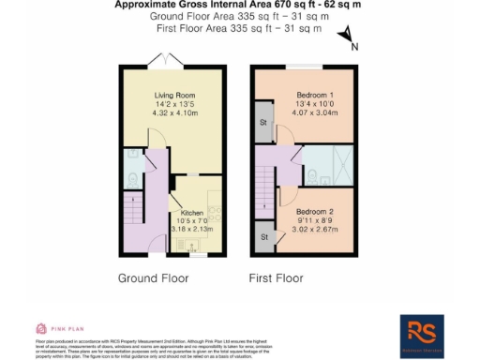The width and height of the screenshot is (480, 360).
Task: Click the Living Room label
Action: [x=173, y=95]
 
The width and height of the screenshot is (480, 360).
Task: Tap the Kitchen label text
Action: [x=192, y=212]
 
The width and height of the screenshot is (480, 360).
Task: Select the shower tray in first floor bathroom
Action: [x=342, y=167]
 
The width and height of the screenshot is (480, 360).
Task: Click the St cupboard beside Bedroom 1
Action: [x=262, y=121]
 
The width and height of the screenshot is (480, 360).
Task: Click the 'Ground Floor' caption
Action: [x=153, y=278]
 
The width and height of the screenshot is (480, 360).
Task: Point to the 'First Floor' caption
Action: [x=276, y=278]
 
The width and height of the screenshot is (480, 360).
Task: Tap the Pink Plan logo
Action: [x=57, y=329]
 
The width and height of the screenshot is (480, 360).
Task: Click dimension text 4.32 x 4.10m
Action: [x=173, y=113]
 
